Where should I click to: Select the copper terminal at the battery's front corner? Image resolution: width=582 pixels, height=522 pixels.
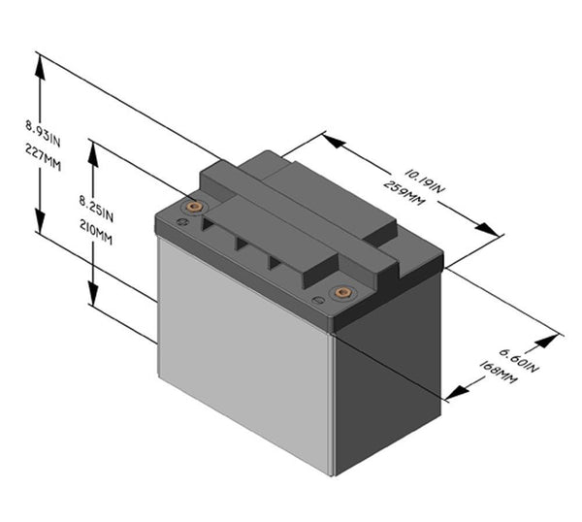[x=340, y=292]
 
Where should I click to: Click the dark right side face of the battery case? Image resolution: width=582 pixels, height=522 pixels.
[x=388, y=378]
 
